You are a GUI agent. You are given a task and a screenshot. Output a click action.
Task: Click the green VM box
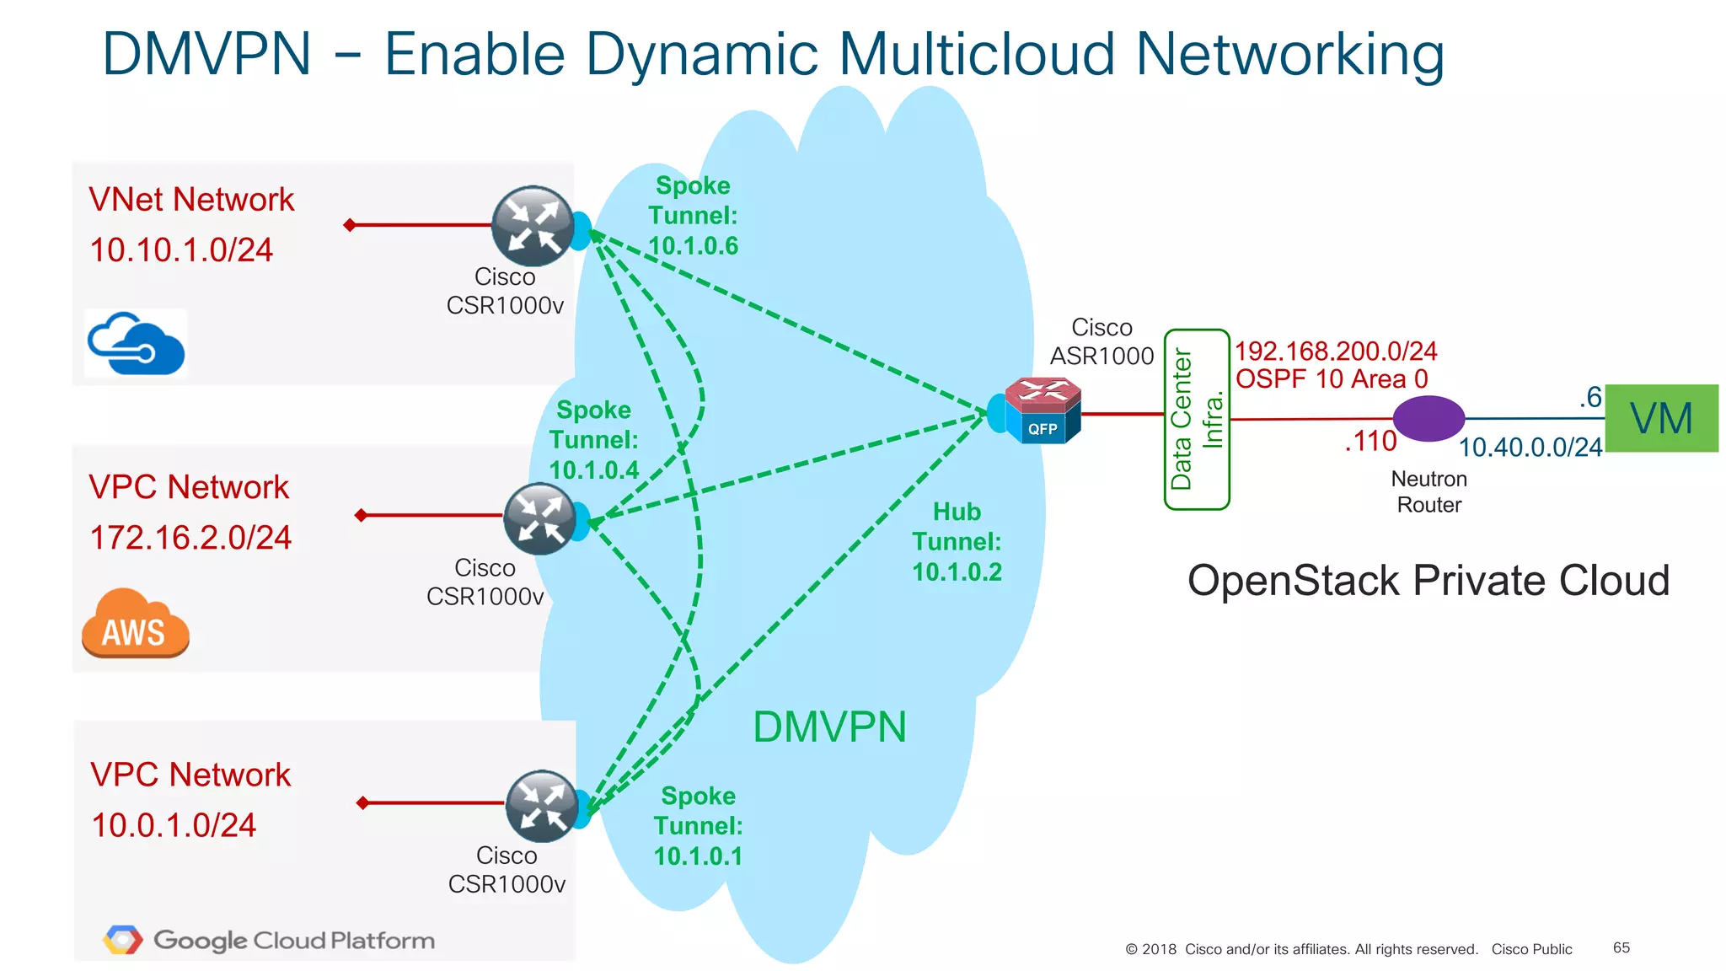[x=1661, y=418]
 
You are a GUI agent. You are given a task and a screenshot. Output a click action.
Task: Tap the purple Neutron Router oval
[x=1429, y=418]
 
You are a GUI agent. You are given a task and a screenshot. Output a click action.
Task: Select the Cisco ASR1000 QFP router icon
[x=1043, y=410]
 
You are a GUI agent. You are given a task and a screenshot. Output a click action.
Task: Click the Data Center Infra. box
[x=1196, y=420]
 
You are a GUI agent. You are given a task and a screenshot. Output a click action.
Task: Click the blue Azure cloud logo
[x=136, y=344]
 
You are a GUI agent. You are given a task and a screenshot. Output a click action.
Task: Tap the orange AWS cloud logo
[x=135, y=623]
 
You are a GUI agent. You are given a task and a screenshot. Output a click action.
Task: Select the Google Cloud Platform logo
[x=270, y=940]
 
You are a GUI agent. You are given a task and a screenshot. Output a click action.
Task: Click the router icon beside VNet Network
[x=533, y=226]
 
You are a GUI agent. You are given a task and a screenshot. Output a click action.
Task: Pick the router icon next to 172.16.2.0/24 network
[x=540, y=518]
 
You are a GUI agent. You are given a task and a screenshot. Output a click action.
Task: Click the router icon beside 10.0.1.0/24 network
[x=542, y=806]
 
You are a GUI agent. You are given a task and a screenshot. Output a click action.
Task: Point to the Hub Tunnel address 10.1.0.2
[x=957, y=572]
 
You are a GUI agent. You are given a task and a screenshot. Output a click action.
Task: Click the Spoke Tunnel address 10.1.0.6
[x=693, y=246]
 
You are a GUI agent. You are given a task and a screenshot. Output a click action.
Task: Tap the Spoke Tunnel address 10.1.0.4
[x=593, y=470]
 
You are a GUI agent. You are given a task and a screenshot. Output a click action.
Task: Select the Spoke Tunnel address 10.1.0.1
[x=698, y=856]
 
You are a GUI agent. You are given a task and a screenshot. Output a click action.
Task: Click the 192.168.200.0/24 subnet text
[x=1336, y=351]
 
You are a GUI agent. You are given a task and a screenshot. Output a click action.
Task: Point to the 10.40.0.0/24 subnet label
[x=1530, y=448]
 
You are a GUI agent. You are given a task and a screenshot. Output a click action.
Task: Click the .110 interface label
[x=1370, y=441]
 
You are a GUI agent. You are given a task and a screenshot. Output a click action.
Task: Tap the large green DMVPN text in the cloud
[x=829, y=727]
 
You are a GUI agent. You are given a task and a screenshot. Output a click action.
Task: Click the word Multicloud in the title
[x=978, y=55]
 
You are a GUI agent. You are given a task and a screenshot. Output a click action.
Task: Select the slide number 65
[x=1621, y=947]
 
